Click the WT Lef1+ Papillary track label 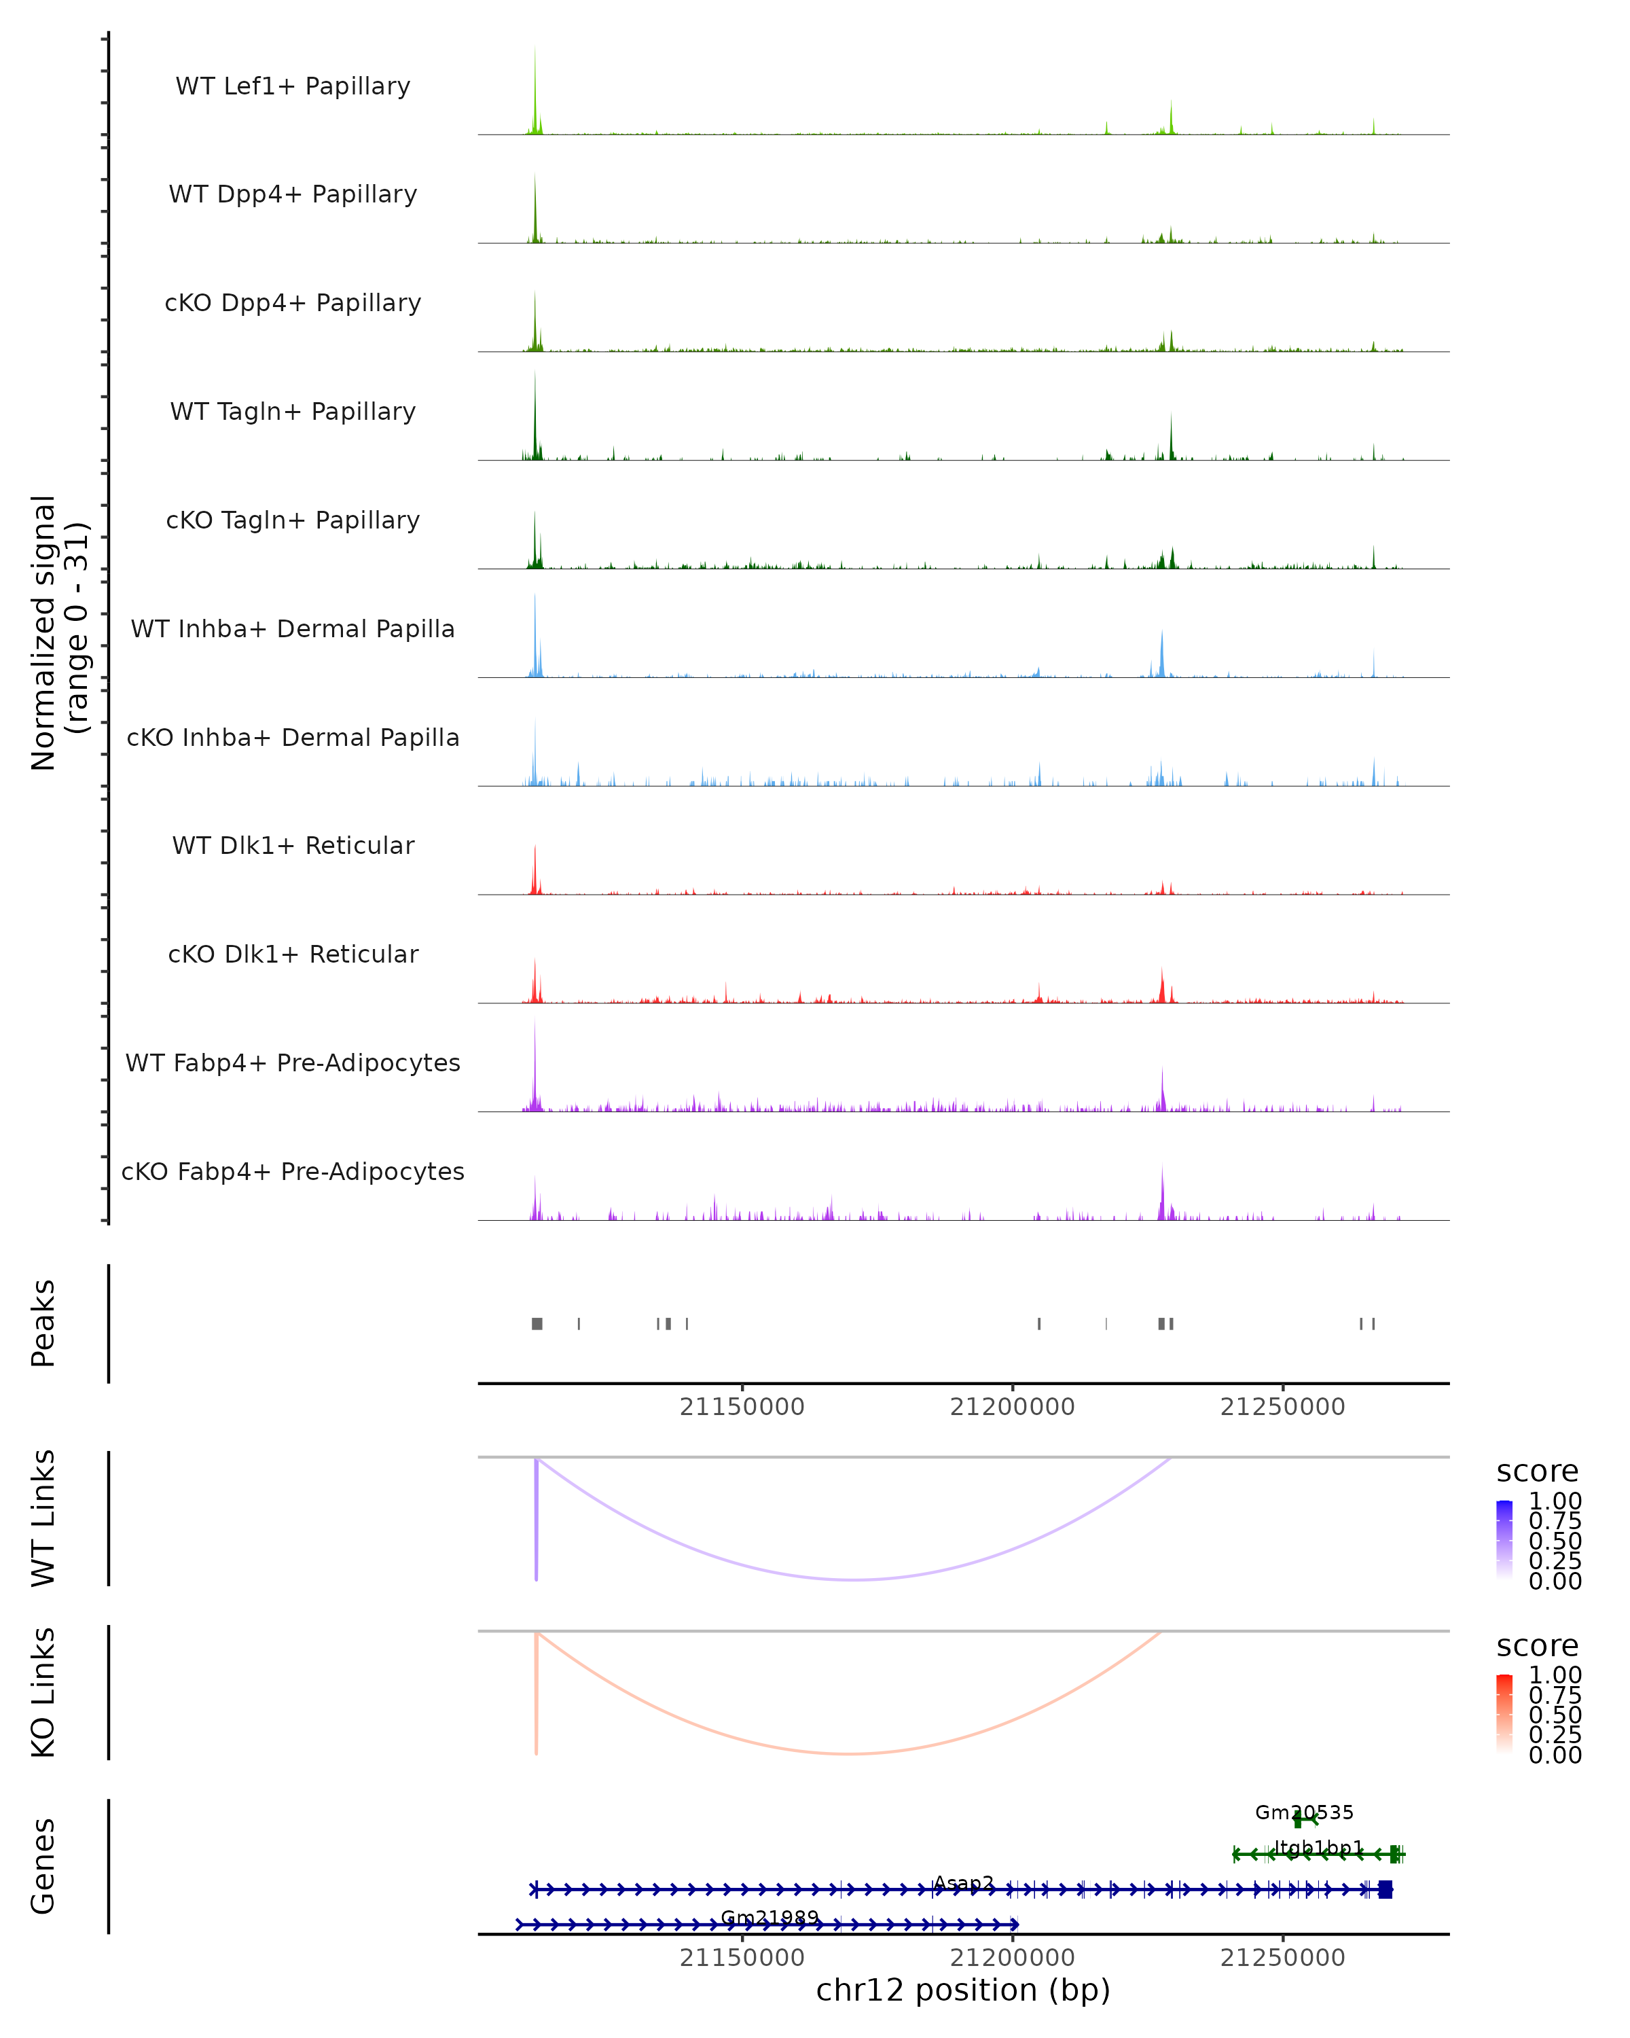pos(293,86)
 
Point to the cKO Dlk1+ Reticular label pos(293,954)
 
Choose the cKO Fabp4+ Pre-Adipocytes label pos(293,1171)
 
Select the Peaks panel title pos(43,1323)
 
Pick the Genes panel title pos(43,1866)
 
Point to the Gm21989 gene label pos(769,1917)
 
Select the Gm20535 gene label pos(1304,1812)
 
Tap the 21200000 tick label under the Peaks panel pos(1012,1407)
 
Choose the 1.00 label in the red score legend pos(1555,1675)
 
